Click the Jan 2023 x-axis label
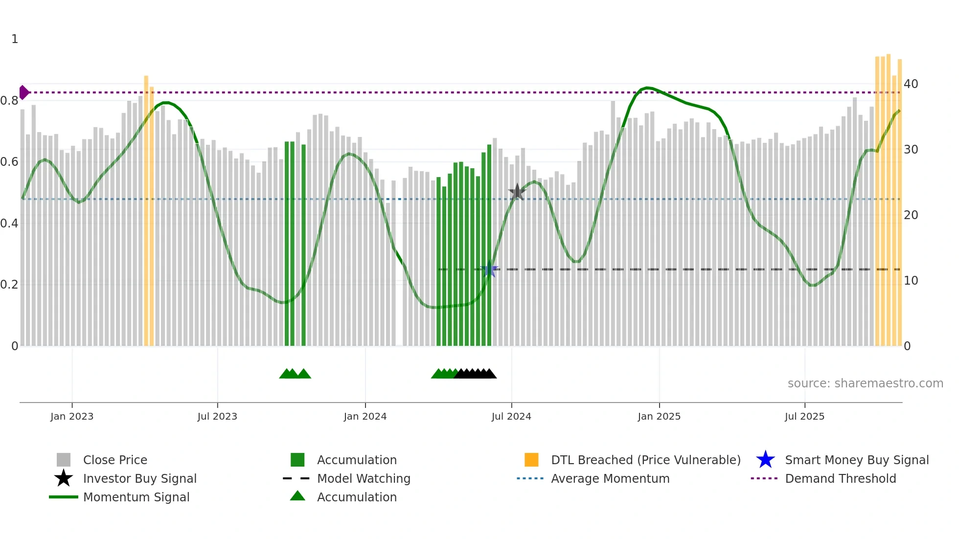(x=71, y=416)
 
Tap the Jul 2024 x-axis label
(x=511, y=416)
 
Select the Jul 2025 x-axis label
(x=804, y=416)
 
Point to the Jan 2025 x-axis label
(x=659, y=416)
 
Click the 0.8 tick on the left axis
(x=9, y=101)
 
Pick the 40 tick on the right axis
(x=911, y=84)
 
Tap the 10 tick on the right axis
(x=911, y=281)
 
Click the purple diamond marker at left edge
(x=23, y=92)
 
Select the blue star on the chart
(x=489, y=269)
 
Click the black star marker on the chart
(x=517, y=192)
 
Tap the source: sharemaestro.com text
(x=865, y=383)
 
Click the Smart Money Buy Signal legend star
(x=765, y=460)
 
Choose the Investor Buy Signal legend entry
(x=139, y=478)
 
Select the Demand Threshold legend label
(x=840, y=478)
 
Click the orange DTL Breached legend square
(x=531, y=460)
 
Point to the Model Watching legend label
(x=364, y=478)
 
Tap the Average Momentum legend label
(x=610, y=478)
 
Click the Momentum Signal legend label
(x=136, y=497)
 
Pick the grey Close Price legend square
(x=64, y=460)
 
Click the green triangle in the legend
(x=297, y=496)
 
